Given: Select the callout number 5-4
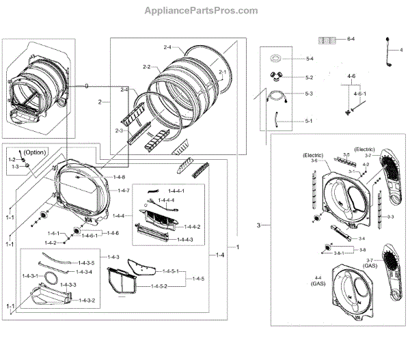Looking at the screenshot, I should [309, 59].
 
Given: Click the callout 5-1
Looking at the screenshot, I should [308, 121].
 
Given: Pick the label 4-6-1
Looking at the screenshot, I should [359, 93].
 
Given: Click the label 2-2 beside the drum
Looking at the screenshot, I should [146, 67].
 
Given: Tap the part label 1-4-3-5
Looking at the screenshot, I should [85, 263].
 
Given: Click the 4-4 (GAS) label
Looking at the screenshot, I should [318, 282].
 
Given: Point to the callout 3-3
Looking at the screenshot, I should [389, 217].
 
